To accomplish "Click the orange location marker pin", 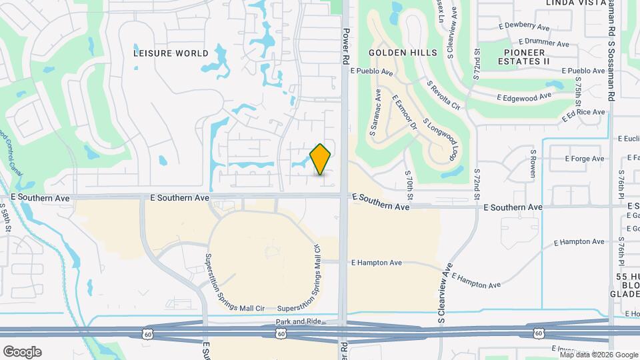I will coord(321,159).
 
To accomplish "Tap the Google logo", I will coord(22,352).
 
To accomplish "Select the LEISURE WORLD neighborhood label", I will coord(171,53).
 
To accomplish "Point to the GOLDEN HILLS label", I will coord(403,53).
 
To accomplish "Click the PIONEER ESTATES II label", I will coord(527,57).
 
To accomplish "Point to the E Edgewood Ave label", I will coord(524,97).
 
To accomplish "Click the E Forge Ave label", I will coord(584,159).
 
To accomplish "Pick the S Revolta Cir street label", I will coord(444,96).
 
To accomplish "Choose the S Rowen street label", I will coord(533,164).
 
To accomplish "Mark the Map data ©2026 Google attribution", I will coord(599,355).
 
